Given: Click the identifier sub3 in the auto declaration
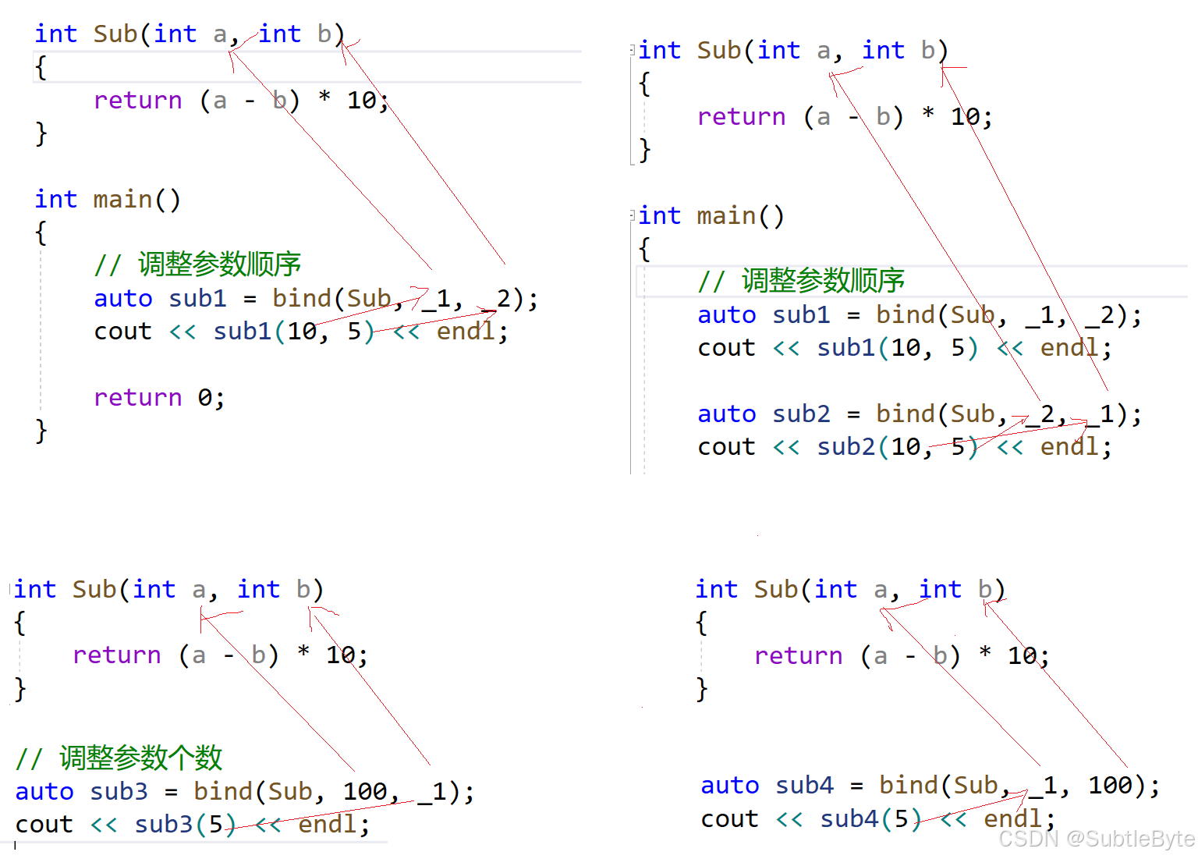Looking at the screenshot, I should pos(119,791).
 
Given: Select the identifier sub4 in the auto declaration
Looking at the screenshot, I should pos(804,785).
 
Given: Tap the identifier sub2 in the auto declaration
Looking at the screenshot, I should pos(801,414).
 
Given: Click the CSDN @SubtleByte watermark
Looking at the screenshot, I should pos(1096,839).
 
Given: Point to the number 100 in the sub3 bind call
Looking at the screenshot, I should pos(365,791).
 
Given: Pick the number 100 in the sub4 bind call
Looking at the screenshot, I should pos(1110,785).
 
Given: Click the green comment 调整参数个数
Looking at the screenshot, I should pos(140,757).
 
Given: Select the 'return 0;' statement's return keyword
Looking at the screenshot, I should pos(137,397).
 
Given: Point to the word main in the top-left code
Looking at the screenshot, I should pos(122,199).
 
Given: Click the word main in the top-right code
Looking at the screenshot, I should pos(726,215).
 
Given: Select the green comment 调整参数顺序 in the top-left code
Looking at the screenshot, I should pos(219,264).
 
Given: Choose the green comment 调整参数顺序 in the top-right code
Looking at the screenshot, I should pos(823,280).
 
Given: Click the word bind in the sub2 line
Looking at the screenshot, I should pos(905,414).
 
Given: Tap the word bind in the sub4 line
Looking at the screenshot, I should pos(908,785).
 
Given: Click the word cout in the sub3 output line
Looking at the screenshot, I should pos(44,824).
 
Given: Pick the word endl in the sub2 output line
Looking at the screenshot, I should pos(1069,446).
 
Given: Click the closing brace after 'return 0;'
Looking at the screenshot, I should pos(41,431).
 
